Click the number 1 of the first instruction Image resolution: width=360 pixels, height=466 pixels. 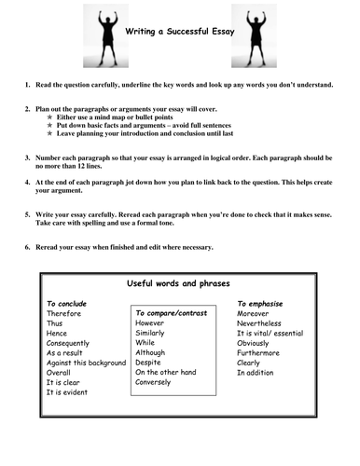[x=28, y=85]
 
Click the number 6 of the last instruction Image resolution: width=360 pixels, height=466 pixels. [x=28, y=247]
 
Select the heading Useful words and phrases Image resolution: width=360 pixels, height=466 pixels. [x=179, y=282]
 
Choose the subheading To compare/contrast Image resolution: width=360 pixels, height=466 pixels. [x=176, y=314]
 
